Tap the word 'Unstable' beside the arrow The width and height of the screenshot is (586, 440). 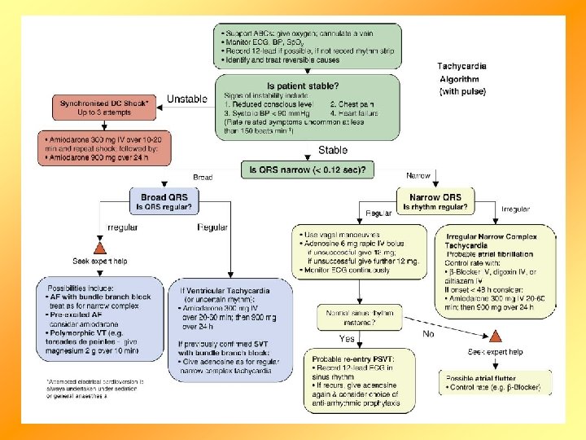pyautogui.click(x=188, y=99)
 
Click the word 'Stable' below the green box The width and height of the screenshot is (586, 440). pyautogui.click(x=333, y=150)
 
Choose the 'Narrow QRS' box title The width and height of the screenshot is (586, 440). pyautogui.click(x=435, y=197)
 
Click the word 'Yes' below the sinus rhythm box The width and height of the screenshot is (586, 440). pyautogui.click(x=347, y=338)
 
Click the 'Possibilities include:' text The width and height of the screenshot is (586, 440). pyautogui.click(x=81, y=289)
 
